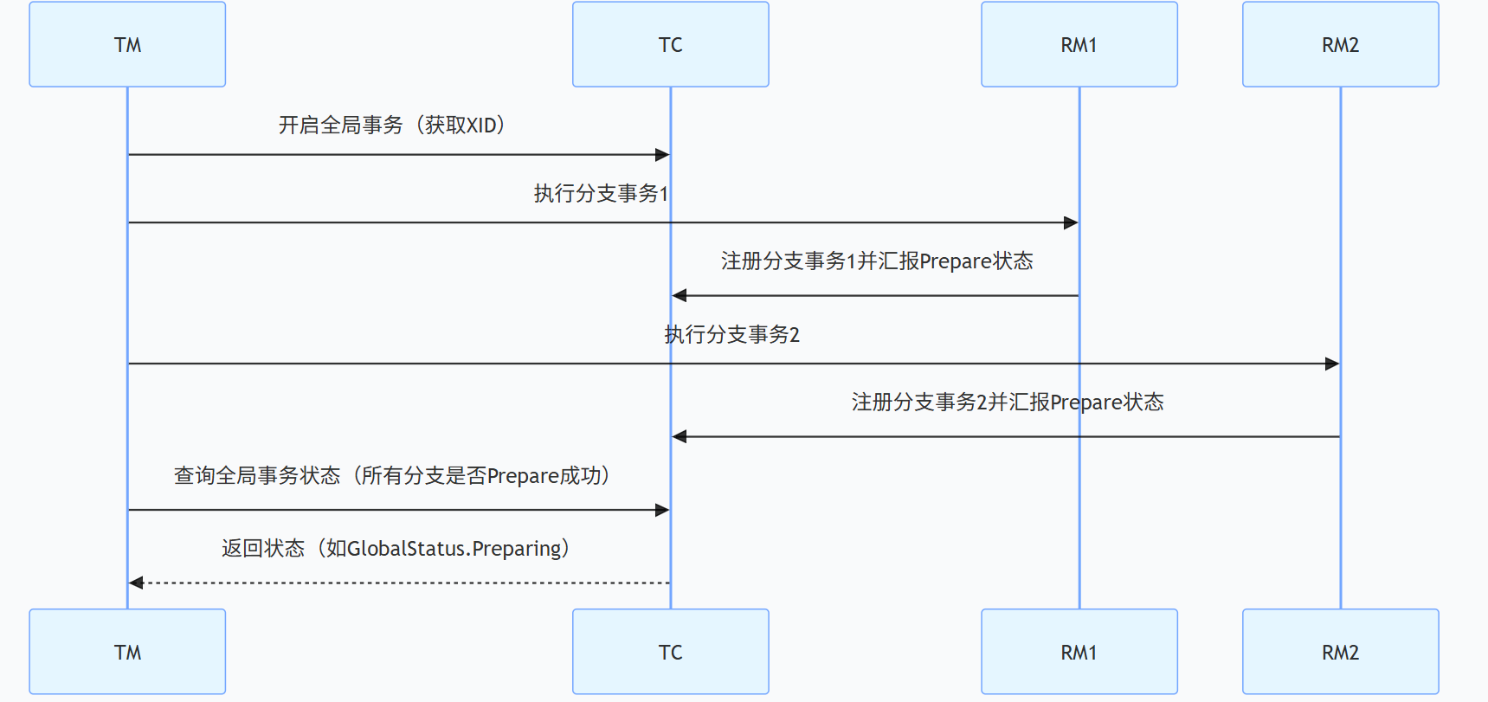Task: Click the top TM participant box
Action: (127, 44)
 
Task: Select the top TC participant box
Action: (670, 44)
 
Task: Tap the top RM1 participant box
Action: (1079, 44)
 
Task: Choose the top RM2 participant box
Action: (1340, 44)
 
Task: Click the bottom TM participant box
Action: (127, 652)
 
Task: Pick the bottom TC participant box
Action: (670, 652)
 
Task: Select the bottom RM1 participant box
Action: (1079, 652)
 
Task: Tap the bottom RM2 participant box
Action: (1340, 652)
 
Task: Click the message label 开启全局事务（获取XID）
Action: (391, 126)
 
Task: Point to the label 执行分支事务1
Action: (601, 193)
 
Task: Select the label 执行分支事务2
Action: (731, 335)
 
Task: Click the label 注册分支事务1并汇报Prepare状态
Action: (876, 261)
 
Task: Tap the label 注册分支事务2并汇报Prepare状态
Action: (1007, 403)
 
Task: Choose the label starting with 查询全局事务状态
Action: (391, 476)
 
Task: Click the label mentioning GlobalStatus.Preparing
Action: (395, 549)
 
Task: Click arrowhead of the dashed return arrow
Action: (136, 583)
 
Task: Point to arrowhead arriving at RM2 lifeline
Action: (1332, 364)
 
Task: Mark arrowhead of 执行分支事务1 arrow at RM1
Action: (1071, 222)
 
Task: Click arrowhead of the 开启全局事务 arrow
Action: (662, 155)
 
